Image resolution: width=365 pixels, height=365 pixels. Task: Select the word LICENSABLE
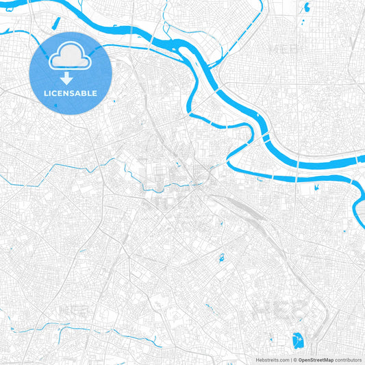click(x=69, y=93)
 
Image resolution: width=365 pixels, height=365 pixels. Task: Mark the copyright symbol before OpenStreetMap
click(x=295, y=360)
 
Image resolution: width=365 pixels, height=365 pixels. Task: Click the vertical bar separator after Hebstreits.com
click(x=290, y=360)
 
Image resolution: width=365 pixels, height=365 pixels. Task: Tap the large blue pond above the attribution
click(x=298, y=340)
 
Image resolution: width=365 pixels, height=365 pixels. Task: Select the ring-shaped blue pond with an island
click(x=223, y=258)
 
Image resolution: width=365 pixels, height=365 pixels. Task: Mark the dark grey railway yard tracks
click(x=243, y=209)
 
